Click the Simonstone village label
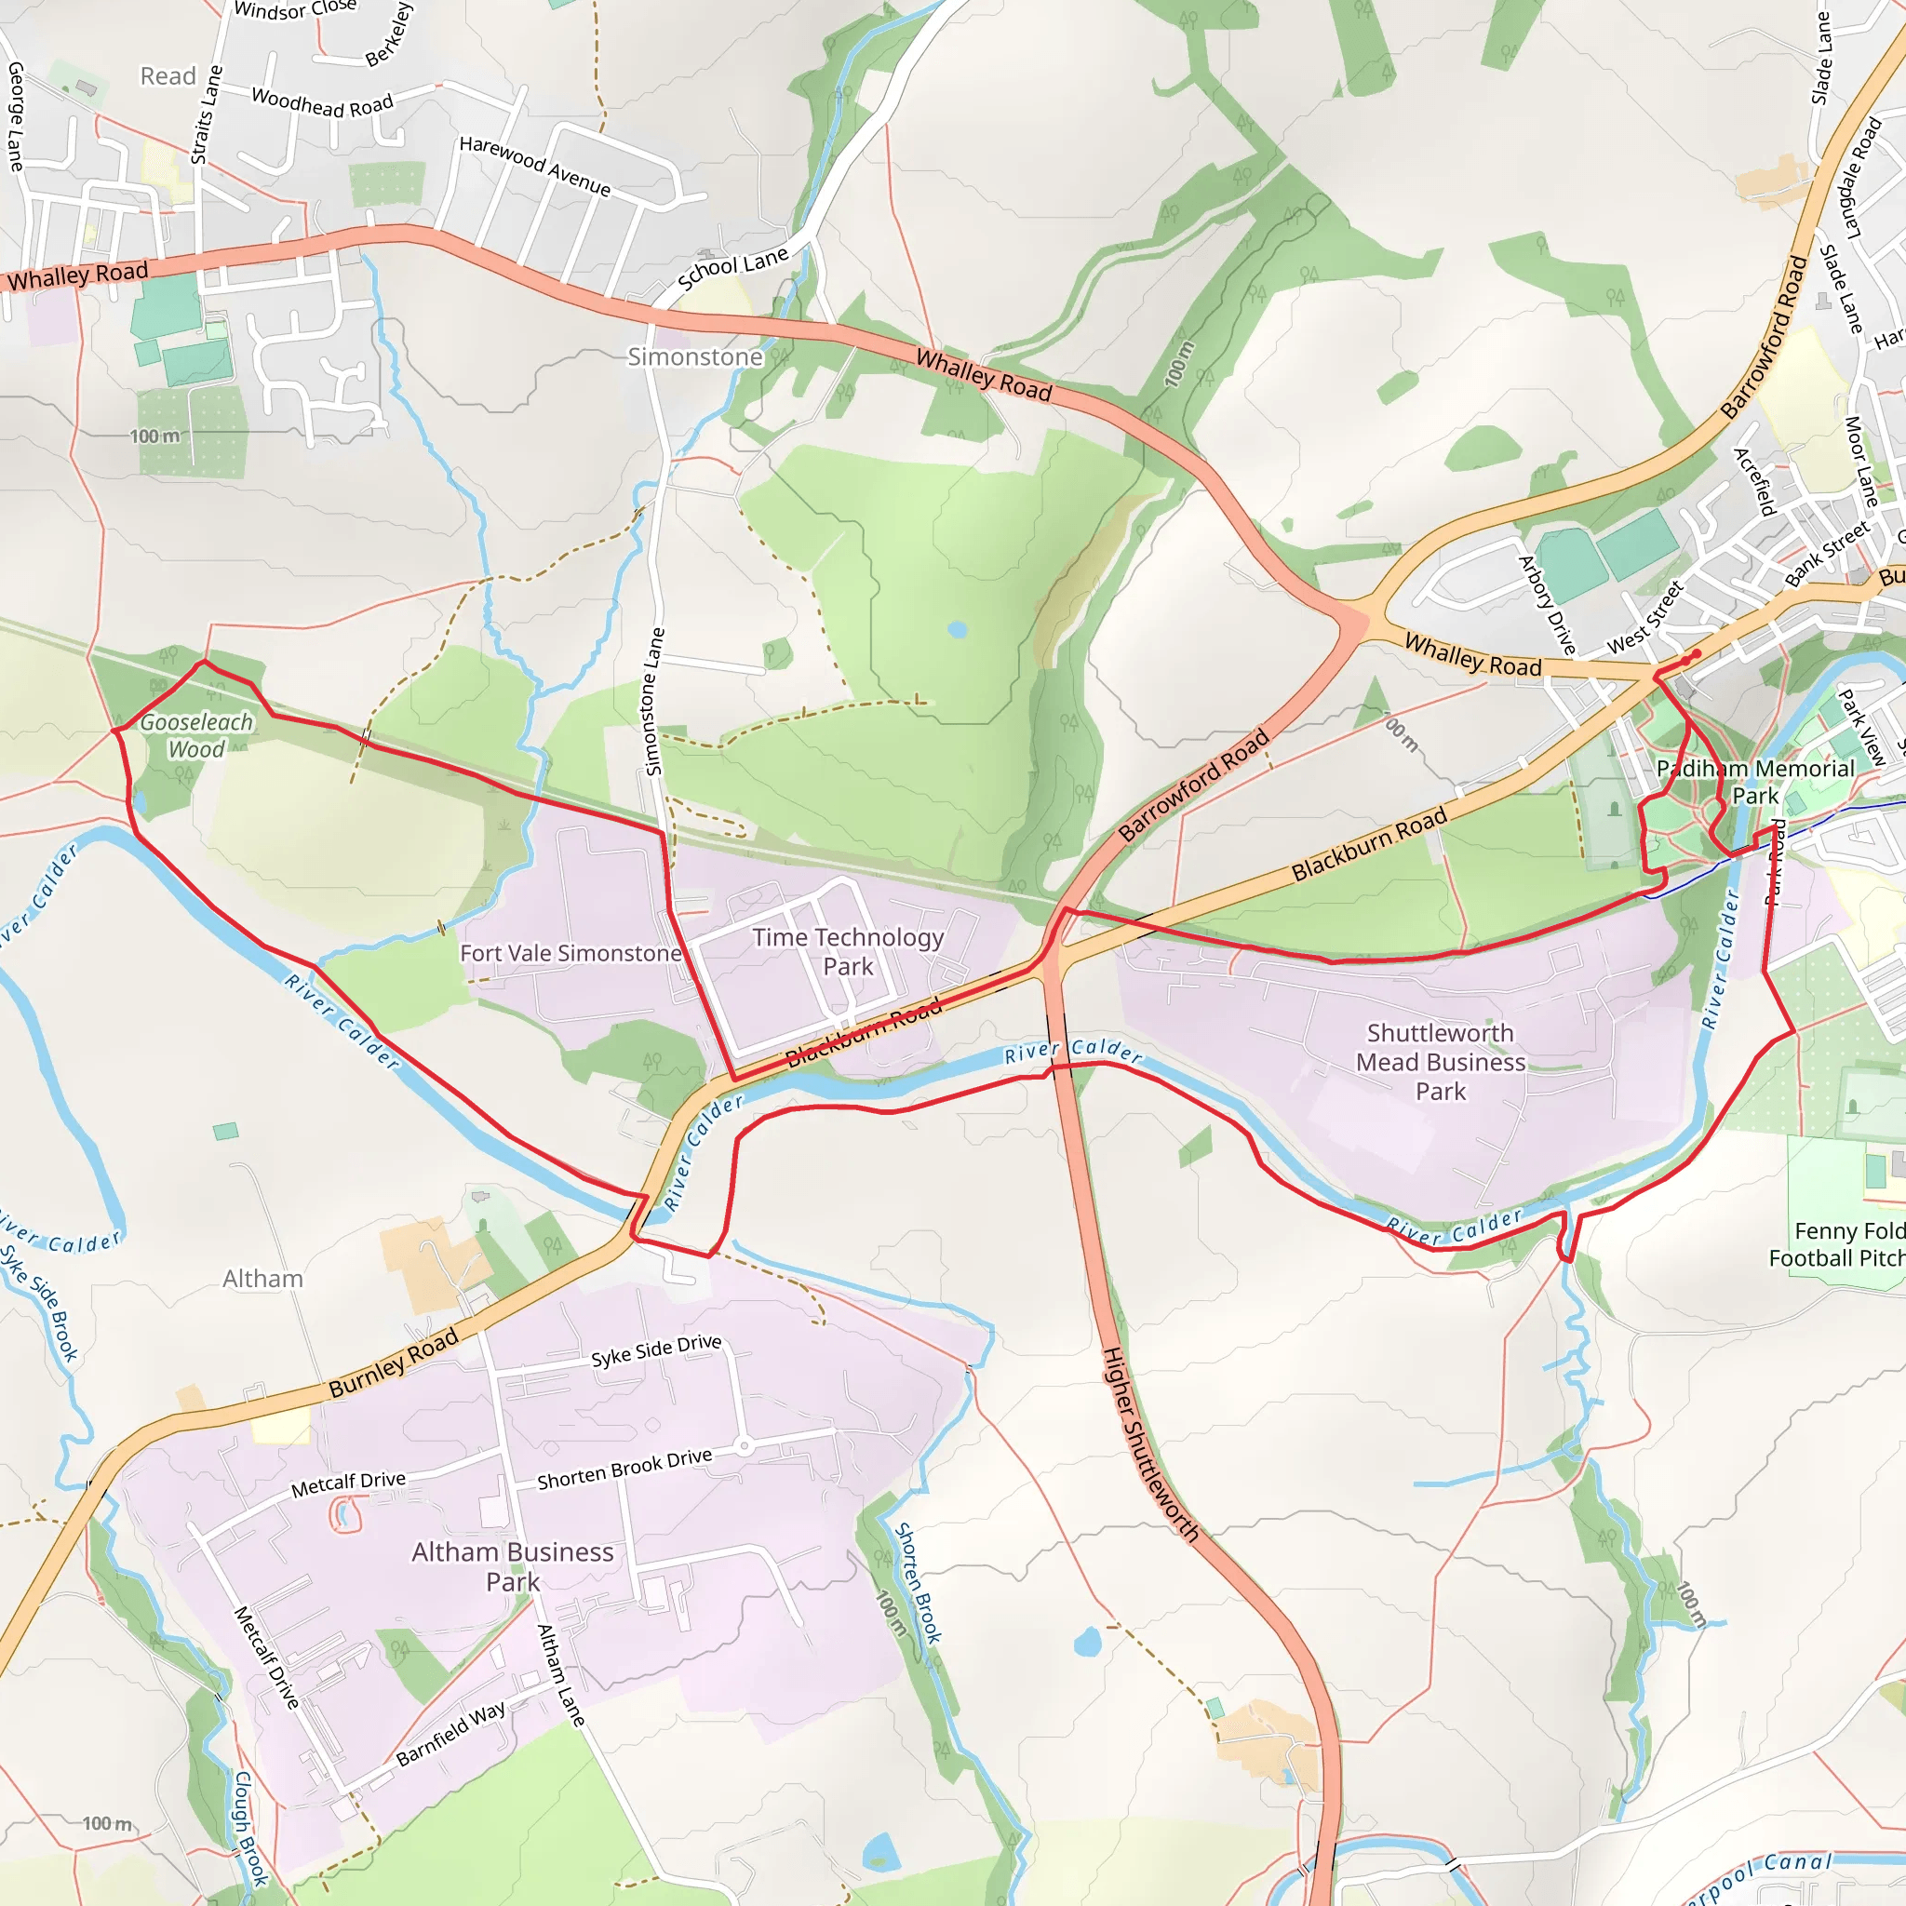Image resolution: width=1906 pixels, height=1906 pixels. tap(694, 357)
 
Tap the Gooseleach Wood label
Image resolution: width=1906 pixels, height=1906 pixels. tap(196, 735)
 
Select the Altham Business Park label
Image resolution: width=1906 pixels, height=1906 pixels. tap(512, 1565)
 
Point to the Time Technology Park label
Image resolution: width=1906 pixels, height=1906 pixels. tap(848, 951)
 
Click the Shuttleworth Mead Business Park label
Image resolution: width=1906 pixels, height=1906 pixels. tap(1440, 1062)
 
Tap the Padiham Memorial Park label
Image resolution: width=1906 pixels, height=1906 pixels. tap(1755, 782)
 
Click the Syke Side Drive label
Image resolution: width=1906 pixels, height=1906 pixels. tap(656, 1350)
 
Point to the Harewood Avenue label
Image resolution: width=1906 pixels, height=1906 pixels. tap(535, 166)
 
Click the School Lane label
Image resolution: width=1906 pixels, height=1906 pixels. tap(733, 268)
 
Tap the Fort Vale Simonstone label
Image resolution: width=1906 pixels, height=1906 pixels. tap(571, 953)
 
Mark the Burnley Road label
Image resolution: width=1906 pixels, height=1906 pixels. tap(394, 1362)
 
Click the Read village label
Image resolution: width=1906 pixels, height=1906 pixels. tap(168, 76)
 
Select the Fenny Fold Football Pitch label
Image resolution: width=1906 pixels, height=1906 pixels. tap(1837, 1244)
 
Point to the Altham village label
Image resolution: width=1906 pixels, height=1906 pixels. tap(262, 1279)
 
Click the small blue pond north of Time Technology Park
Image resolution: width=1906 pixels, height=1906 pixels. tap(956, 628)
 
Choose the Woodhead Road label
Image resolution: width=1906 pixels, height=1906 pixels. tap(322, 102)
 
